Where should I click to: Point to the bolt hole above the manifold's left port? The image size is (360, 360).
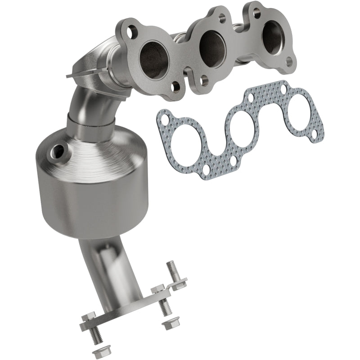click(x=131, y=31)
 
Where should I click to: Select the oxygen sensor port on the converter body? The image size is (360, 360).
click(x=58, y=149)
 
